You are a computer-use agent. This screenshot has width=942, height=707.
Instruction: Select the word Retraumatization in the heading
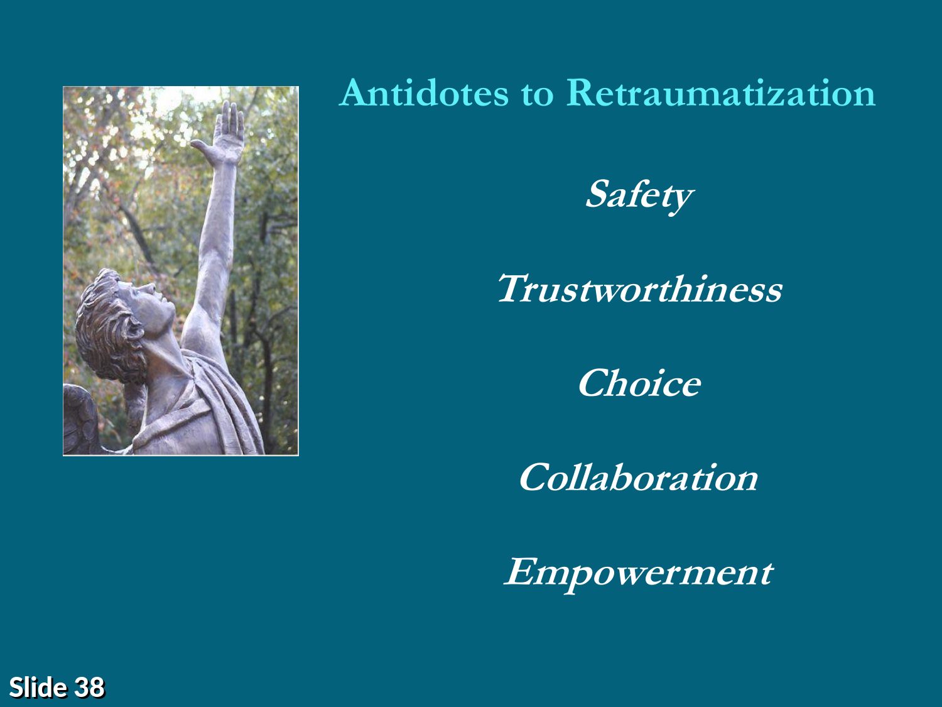[x=721, y=93]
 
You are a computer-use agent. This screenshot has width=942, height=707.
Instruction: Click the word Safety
[x=639, y=196]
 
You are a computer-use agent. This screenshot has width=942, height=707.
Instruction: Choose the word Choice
[x=639, y=383]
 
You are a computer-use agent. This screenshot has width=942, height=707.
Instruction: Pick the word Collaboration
[x=639, y=477]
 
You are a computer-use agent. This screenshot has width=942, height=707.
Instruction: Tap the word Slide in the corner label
[x=40, y=686]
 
